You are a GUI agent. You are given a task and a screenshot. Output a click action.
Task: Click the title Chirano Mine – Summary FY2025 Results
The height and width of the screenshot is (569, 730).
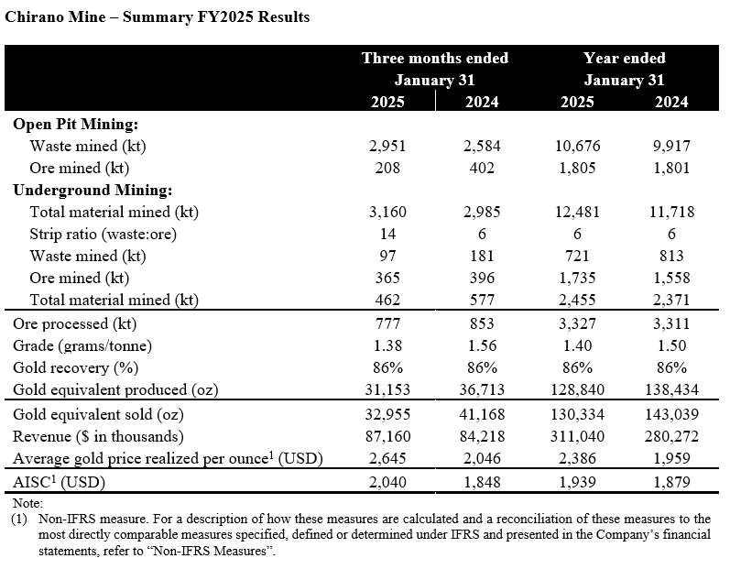click(157, 16)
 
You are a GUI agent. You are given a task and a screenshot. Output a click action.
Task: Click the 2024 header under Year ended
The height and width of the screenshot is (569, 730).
click(671, 102)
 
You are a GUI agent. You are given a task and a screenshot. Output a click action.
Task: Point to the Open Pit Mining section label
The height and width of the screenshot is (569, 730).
click(76, 125)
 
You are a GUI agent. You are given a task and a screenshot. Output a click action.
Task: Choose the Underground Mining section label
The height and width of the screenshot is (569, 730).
click(93, 190)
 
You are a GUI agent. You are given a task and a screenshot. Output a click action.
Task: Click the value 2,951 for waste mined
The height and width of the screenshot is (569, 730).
click(387, 147)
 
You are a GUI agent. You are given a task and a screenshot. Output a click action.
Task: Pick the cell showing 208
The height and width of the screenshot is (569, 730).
click(387, 168)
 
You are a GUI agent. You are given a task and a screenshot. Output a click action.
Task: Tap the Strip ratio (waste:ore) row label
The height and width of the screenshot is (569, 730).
click(104, 234)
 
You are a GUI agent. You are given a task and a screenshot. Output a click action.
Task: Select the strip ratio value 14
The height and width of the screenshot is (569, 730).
click(387, 234)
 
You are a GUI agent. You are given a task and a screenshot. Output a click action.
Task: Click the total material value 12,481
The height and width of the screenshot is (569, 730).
click(577, 212)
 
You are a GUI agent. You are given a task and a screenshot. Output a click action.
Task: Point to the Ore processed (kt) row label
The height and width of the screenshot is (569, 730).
click(75, 323)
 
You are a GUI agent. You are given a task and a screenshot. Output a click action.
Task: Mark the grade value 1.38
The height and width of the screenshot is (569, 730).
click(387, 345)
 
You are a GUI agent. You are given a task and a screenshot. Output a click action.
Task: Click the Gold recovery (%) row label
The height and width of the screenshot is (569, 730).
click(76, 367)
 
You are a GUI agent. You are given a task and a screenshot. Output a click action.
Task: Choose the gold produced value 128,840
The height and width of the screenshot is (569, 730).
click(577, 389)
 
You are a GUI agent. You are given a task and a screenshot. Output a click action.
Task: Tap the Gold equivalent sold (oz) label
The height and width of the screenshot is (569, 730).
click(98, 414)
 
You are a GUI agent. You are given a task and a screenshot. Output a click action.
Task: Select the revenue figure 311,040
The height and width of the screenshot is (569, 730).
click(577, 436)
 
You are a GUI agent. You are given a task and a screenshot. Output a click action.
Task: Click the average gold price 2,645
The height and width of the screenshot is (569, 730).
click(387, 458)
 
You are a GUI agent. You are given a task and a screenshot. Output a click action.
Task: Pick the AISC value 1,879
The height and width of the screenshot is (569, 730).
click(671, 482)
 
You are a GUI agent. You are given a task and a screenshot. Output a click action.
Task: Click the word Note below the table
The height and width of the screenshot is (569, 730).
click(27, 503)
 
